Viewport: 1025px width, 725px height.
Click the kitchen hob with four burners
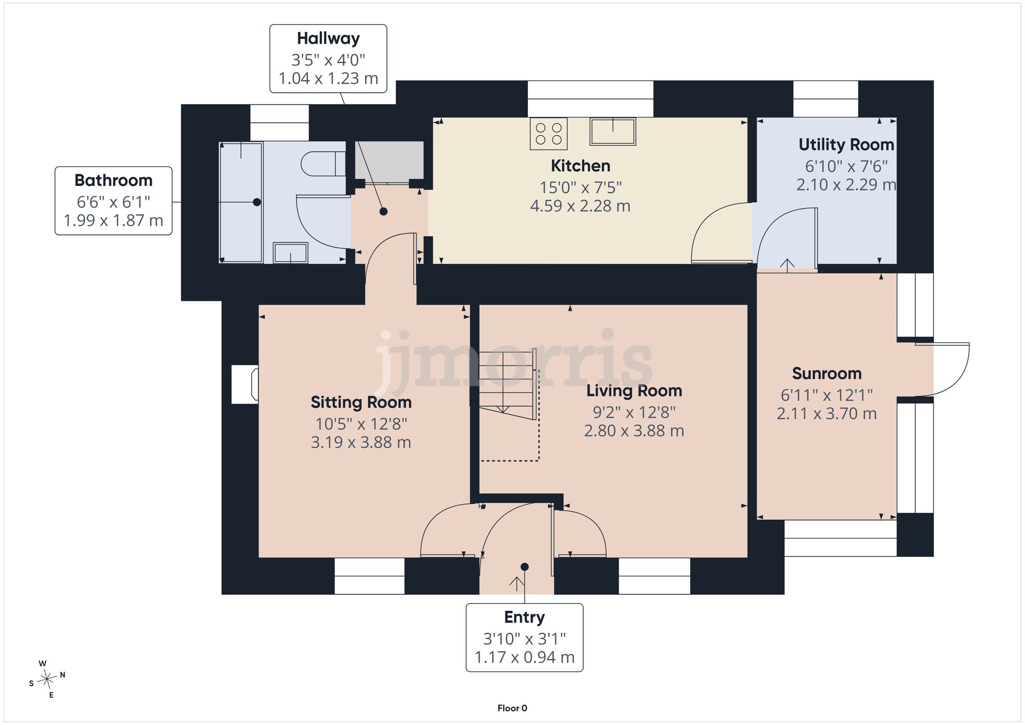549,134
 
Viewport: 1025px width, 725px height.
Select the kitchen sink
613,132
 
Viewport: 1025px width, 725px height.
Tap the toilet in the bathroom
323,164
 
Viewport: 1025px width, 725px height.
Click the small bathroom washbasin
291,253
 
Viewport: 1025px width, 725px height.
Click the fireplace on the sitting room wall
245,384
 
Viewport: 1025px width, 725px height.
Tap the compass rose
48,679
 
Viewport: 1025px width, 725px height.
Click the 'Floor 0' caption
512,708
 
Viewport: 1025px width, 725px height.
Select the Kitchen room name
581,165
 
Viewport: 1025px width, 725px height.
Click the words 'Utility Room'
847,144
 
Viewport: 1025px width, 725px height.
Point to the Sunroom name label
827,374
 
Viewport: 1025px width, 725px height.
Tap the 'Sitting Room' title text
361,402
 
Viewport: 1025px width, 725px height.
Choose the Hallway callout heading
329,38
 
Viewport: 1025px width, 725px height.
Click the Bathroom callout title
113,180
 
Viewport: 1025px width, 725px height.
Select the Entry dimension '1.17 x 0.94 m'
525,657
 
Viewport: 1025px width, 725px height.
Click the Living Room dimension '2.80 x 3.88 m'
634,430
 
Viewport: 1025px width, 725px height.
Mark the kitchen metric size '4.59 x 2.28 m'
580,206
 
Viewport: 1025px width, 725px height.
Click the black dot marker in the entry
525,567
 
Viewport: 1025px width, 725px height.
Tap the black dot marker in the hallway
383,211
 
